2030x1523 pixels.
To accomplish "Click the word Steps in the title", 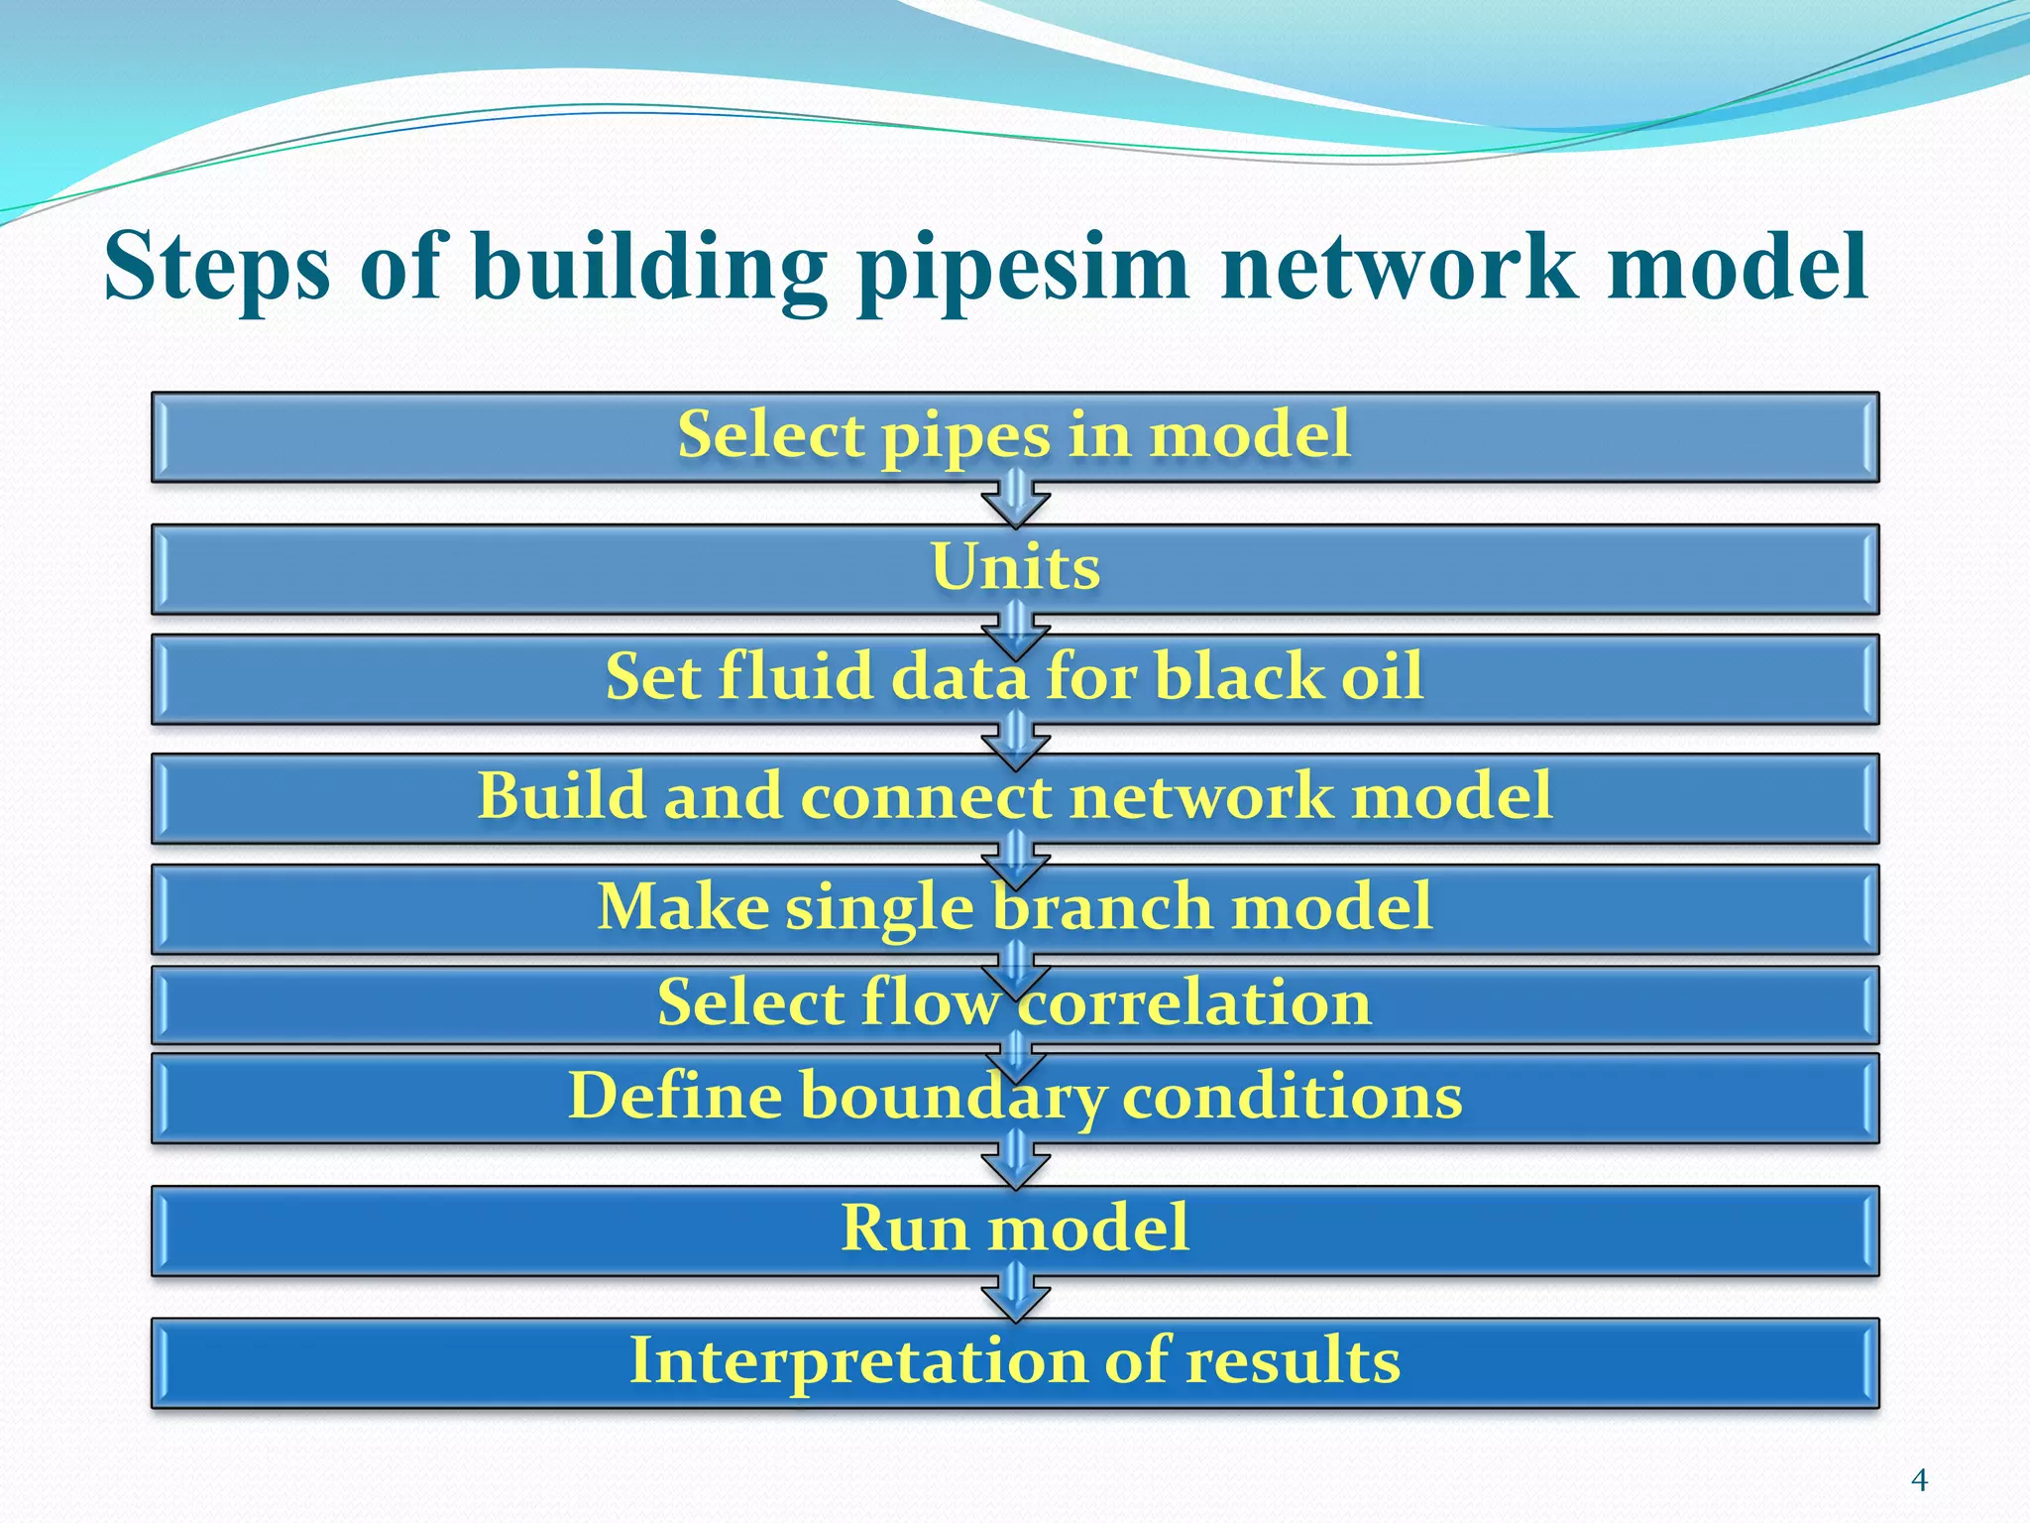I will (216, 266).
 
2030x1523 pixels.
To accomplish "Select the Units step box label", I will (1015, 567).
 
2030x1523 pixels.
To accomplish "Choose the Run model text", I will (1015, 1228).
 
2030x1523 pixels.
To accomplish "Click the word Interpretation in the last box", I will (857, 1360).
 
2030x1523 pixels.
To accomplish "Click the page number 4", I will (1919, 1480).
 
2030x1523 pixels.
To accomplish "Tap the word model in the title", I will (1737, 266).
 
